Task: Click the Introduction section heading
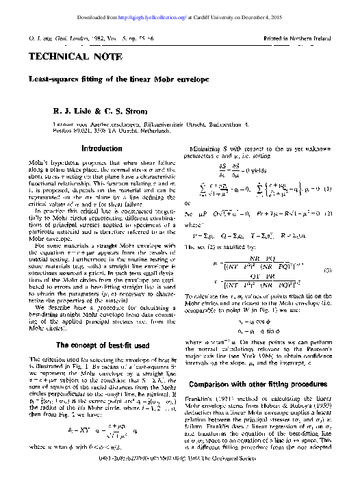tap(101, 148)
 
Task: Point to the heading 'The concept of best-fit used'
tap(101, 345)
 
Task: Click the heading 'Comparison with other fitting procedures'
tap(261, 384)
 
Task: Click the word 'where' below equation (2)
tap(194, 241)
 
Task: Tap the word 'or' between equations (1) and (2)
tap(189, 223)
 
